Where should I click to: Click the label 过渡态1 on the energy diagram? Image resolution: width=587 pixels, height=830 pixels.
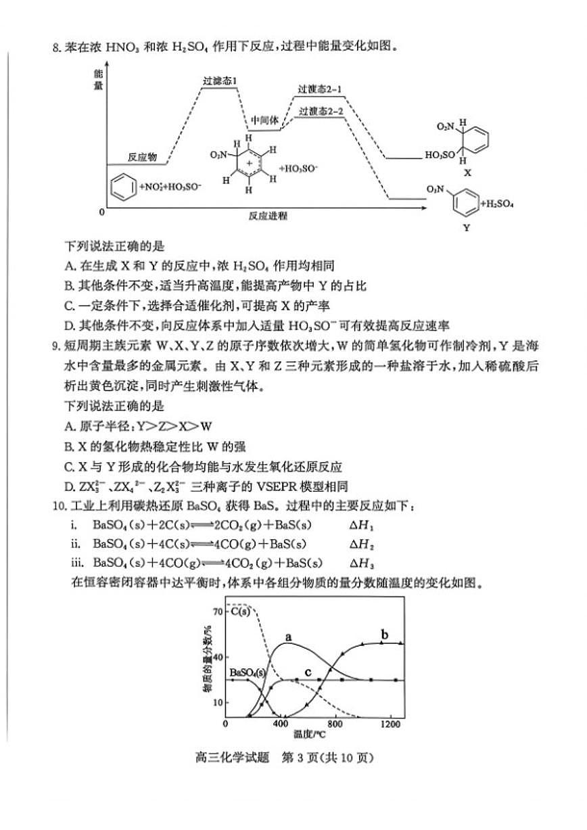pyautogui.click(x=220, y=81)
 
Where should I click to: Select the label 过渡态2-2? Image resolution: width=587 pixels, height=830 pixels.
pyautogui.click(x=321, y=111)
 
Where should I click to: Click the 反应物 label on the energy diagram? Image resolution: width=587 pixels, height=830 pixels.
pyautogui.click(x=142, y=157)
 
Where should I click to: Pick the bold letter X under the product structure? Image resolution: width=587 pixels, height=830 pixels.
pyautogui.click(x=467, y=173)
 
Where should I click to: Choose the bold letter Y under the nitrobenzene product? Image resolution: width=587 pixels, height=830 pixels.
pyautogui.click(x=465, y=228)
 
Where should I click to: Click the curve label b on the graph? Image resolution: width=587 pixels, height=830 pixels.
pyautogui.click(x=385, y=635)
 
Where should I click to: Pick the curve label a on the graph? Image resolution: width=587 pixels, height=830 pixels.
pyautogui.click(x=288, y=637)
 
